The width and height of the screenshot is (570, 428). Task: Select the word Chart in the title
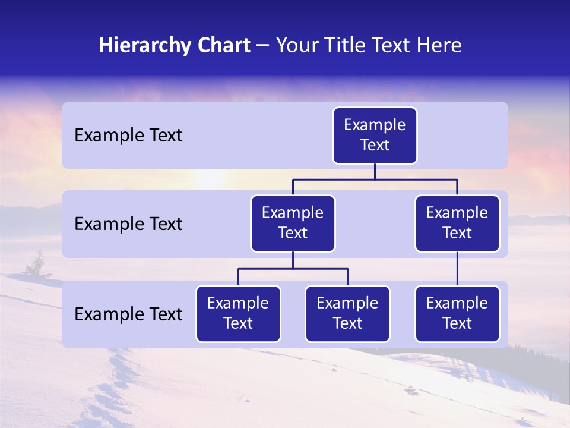(x=223, y=45)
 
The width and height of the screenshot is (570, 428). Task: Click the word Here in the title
(x=438, y=45)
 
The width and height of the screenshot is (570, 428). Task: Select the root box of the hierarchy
(x=375, y=136)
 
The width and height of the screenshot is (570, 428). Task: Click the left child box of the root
(x=293, y=224)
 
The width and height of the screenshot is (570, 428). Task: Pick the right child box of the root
(x=457, y=224)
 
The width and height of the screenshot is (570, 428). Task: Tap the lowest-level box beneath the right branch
(x=457, y=314)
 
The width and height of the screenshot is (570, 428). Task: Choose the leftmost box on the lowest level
(x=238, y=314)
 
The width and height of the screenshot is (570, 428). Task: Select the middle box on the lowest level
(x=347, y=314)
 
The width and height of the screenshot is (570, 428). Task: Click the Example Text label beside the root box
(x=128, y=136)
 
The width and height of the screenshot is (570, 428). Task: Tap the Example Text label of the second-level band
(x=128, y=224)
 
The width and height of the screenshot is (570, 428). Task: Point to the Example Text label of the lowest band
(x=128, y=314)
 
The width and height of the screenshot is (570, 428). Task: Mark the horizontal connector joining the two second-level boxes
(x=375, y=178)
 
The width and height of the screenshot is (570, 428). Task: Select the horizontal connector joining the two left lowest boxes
(x=293, y=269)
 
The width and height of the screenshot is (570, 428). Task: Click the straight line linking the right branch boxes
(x=457, y=269)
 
